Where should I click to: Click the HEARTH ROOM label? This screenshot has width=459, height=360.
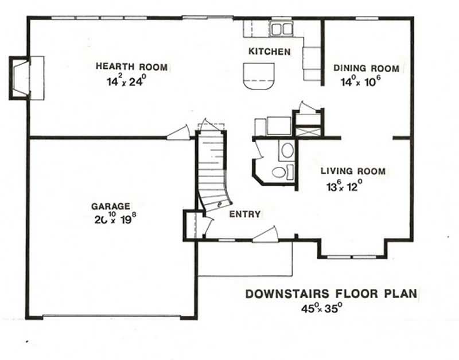click(132, 68)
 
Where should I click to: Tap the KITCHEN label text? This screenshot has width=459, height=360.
click(269, 52)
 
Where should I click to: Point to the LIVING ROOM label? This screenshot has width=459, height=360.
click(352, 171)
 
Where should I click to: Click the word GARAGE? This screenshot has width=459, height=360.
click(111, 206)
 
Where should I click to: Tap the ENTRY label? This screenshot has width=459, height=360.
click(245, 214)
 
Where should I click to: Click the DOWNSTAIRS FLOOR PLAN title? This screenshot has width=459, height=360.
click(332, 295)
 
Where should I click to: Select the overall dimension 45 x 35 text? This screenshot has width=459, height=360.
click(322, 308)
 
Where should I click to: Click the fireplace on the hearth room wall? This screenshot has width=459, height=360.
click(23, 77)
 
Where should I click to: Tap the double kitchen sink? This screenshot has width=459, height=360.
click(281, 29)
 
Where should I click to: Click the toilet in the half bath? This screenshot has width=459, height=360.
click(279, 171)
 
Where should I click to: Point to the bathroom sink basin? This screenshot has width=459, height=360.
click(287, 151)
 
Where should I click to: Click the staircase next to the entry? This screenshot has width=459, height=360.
click(212, 166)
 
